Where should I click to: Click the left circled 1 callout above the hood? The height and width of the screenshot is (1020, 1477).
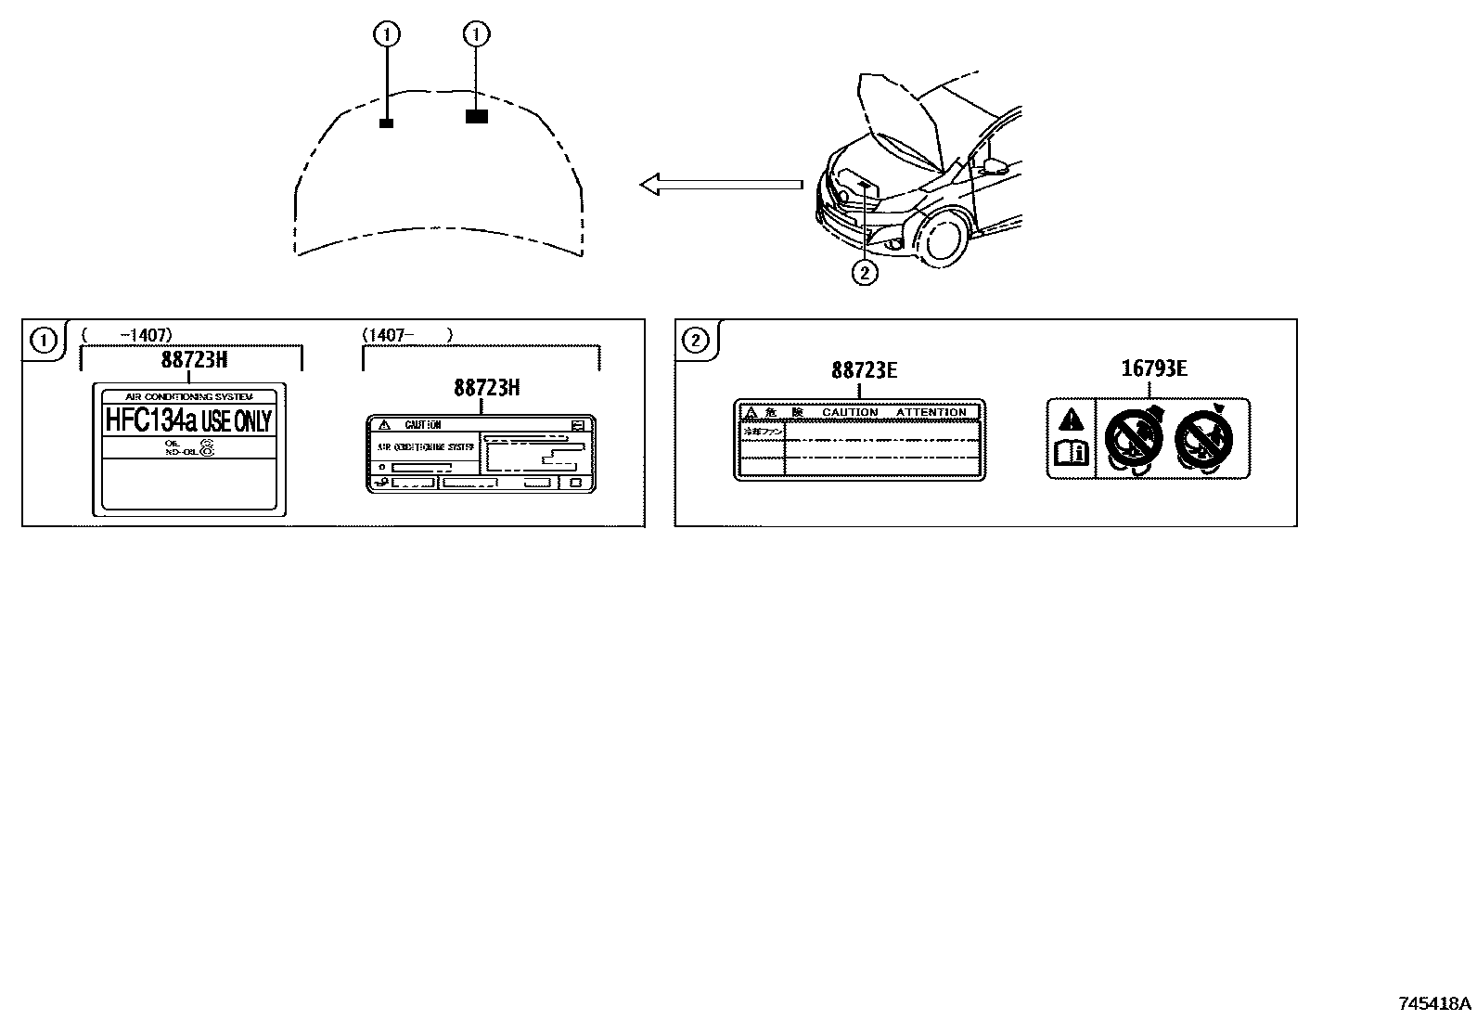pyautogui.click(x=387, y=35)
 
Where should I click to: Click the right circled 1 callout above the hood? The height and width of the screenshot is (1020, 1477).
pyautogui.click(x=476, y=35)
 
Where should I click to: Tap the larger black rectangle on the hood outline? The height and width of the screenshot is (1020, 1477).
pyautogui.click(x=476, y=117)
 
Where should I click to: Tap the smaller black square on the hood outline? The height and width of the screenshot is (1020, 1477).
pyautogui.click(x=387, y=123)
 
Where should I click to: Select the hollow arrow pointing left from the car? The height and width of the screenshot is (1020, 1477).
pyautogui.click(x=720, y=185)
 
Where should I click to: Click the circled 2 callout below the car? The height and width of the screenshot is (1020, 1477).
pyautogui.click(x=864, y=273)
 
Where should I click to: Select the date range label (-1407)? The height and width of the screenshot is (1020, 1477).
pyautogui.click(x=127, y=334)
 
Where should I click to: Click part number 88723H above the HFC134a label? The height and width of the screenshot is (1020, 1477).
pyautogui.click(x=193, y=360)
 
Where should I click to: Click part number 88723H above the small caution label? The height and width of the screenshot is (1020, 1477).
pyautogui.click(x=486, y=388)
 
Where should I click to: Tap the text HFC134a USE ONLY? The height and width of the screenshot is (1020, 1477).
pyautogui.click(x=188, y=420)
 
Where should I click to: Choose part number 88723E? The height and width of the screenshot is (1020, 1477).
pyautogui.click(x=864, y=369)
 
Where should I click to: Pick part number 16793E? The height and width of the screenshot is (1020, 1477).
pyautogui.click(x=1153, y=368)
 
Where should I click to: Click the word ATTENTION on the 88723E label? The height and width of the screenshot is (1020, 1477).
pyautogui.click(x=931, y=412)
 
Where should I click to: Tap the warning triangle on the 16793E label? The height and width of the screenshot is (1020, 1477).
pyautogui.click(x=1072, y=419)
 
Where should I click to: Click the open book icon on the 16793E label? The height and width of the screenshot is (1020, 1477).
pyautogui.click(x=1072, y=454)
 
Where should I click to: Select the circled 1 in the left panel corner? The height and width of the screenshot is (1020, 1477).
pyautogui.click(x=44, y=341)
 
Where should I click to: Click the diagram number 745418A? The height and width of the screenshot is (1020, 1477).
pyautogui.click(x=1434, y=1003)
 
